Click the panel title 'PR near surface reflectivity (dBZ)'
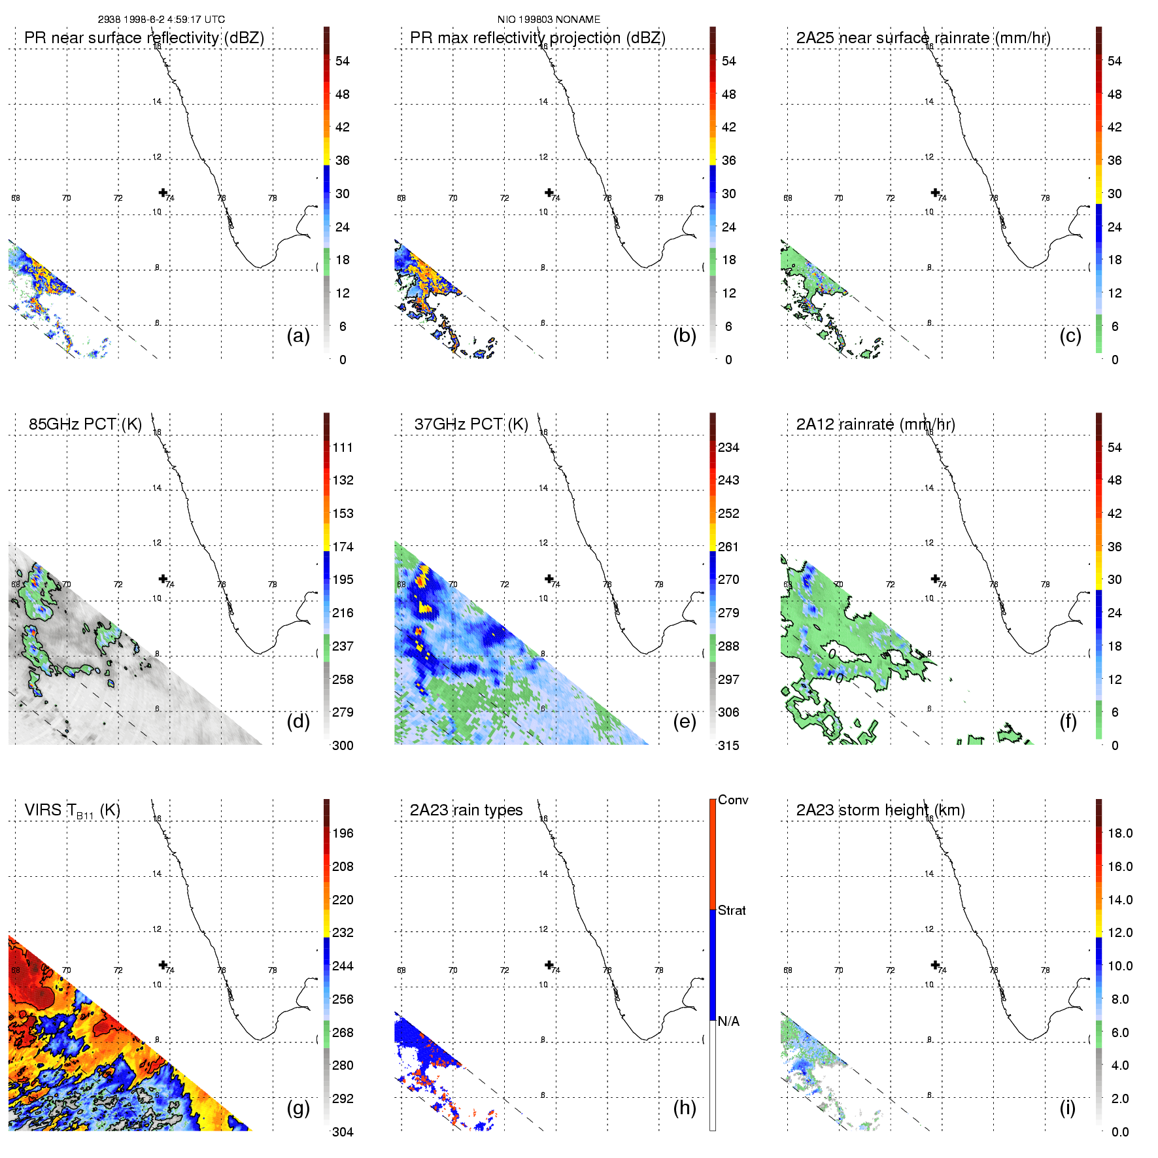tap(144, 38)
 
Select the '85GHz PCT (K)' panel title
tap(85, 424)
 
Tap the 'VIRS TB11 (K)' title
tap(72, 810)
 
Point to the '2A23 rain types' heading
tap(466, 810)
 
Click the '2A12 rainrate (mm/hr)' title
tap(875, 424)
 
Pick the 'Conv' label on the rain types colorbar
tap(733, 800)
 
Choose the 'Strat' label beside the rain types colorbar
tap(732, 910)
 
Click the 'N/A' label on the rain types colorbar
tap(728, 1021)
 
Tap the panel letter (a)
tap(298, 335)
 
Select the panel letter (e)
tap(684, 721)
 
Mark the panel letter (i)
tap(1067, 1108)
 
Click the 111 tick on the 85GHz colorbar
tap(343, 447)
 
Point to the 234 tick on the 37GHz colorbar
tap(728, 447)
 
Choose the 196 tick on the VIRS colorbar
tap(343, 833)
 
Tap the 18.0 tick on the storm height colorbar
tap(1119, 833)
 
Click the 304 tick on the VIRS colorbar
tap(343, 1132)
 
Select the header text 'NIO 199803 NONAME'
tap(549, 20)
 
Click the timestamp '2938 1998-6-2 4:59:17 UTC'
tap(162, 20)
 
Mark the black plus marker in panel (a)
tap(163, 192)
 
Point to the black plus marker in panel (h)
tap(549, 965)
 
